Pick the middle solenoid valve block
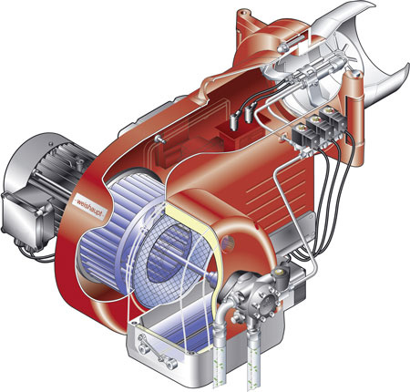coord(316,130)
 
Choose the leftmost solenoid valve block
coord(302,139)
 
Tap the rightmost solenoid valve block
coord(333,120)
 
